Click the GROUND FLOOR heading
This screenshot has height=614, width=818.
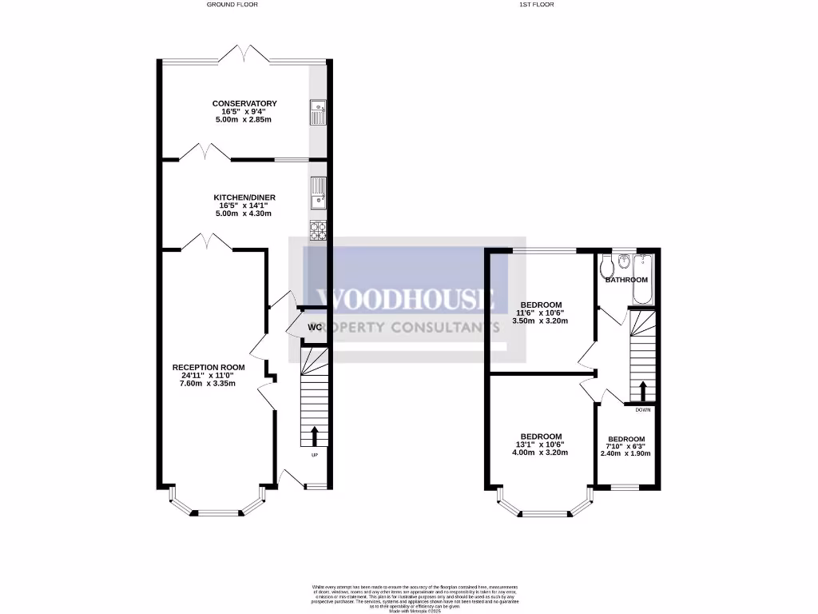pos(232,5)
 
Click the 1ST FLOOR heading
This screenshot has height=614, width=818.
pos(537,5)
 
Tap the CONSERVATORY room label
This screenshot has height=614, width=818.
pos(244,104)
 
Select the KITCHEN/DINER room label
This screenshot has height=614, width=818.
pos(244,197)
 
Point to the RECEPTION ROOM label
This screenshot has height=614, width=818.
pos(208,368)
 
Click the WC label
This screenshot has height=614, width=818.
pos(314,328)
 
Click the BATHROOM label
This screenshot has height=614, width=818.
pos(626,280)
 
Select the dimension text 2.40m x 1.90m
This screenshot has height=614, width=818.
pos(625,453)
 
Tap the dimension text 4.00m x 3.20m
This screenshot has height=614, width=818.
pos(542,453)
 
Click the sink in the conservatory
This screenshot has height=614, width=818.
pos(317,114)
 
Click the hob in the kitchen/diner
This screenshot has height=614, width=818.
pos(317,229)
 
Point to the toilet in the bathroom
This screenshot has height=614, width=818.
pos(606,264)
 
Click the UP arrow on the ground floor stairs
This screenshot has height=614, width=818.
pos(313,436)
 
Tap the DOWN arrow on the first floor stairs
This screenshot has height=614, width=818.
pos(642,391)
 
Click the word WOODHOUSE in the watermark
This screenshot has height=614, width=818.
pos(407,299)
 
